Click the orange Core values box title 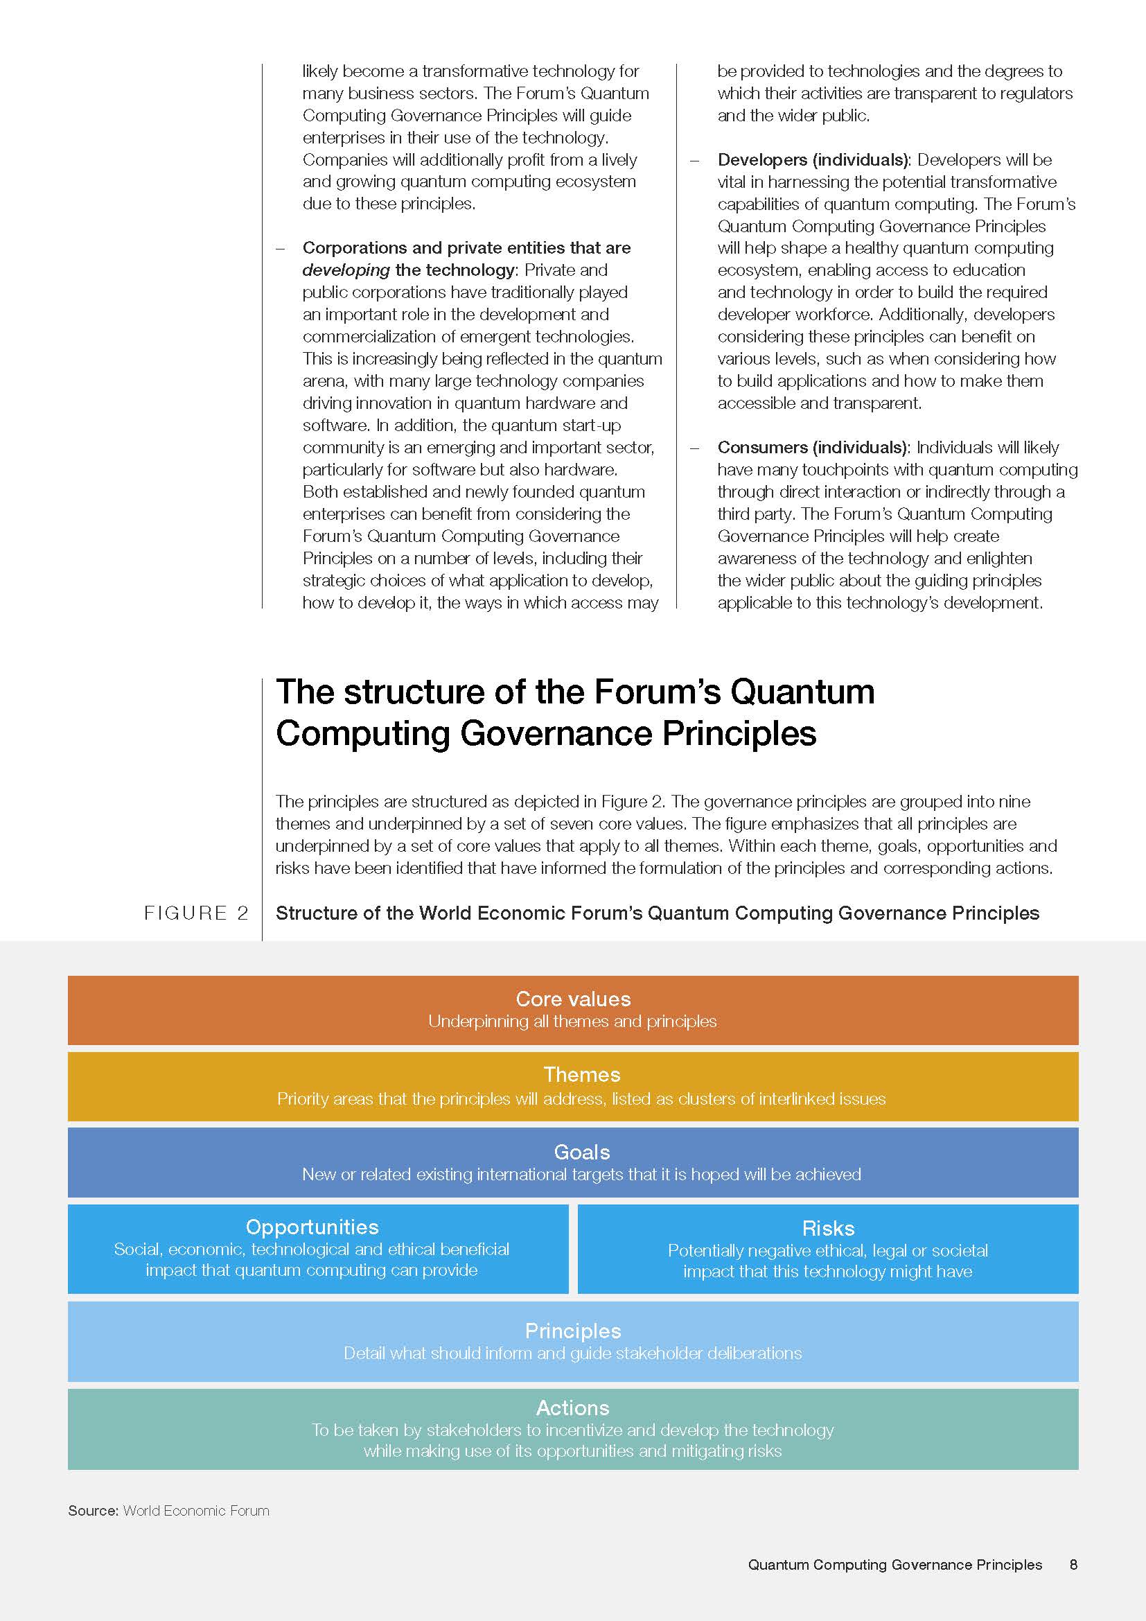click(573, 999)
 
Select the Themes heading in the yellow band click(581, 1075)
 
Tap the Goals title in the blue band click(581, 1153)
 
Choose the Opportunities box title click(312, 1227)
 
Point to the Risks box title click(828, 1229)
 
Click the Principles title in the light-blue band click(573, 1331)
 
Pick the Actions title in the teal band click(572, 1408)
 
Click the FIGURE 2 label click(195, 913)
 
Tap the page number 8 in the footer click(1073, 1565)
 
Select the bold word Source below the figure click(92, 1511)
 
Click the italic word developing click(346, 270)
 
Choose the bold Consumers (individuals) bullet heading click(813, 448)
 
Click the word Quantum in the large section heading click(802, 691)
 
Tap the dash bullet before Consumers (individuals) click(695, 448)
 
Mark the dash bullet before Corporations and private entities click(280, 249)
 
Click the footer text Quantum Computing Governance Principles click(894, 1565)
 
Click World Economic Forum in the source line click(196, 1511)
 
